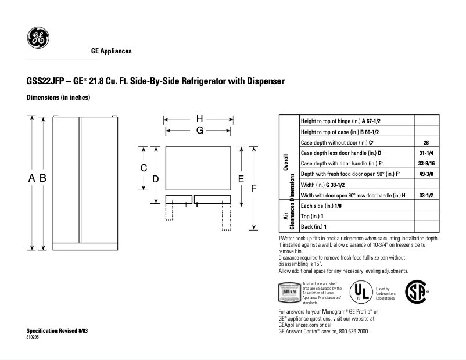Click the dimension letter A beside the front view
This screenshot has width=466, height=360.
[33, 179]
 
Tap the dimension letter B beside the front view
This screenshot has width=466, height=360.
[43, 179]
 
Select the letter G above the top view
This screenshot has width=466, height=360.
[199, 131]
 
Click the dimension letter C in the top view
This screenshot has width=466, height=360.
[143, 168]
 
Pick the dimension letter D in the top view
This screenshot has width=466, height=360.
[156, 179]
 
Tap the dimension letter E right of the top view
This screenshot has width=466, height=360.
[241, 179]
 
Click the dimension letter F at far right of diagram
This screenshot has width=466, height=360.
[253, 188]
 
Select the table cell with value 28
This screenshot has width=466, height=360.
[426, 142]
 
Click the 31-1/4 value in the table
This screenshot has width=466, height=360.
[426, 153]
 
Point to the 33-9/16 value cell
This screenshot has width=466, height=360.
[426, 163]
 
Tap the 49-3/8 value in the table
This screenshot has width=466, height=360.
[426, 174]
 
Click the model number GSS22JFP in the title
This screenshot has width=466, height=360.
[46, 81]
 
